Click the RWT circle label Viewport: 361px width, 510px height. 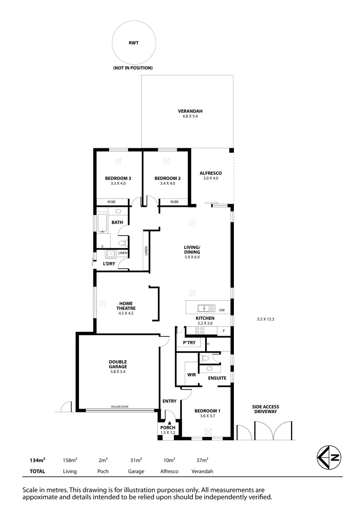click(133, 42)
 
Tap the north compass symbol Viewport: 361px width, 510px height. click(328, 458)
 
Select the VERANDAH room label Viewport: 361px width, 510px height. click(187, 111)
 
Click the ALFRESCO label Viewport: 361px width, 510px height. click(211, 173)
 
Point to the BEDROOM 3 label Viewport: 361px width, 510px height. click(118, 178)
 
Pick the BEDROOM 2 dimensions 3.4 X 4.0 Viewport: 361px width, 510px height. click(167, 183)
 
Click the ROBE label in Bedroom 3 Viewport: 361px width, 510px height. click(112, 202)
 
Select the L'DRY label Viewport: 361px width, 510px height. click(109, 263)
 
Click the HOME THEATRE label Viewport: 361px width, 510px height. click(126, 306)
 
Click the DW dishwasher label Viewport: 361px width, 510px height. click(222, 310)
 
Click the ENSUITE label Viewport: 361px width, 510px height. click(217, 378)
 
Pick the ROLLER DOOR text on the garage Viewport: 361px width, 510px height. click(120, 407)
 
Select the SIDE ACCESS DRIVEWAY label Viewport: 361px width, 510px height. click(265, 408)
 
